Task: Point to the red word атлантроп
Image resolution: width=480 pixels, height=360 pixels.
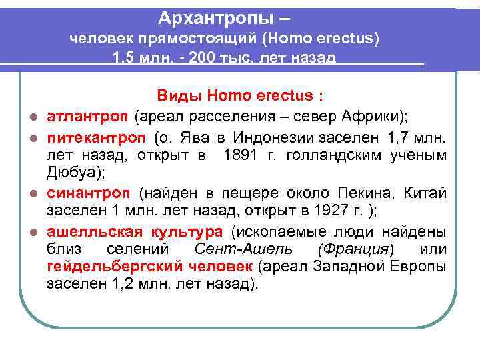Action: point(87,117)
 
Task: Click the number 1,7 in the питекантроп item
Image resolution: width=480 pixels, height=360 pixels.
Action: point(398,137)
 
